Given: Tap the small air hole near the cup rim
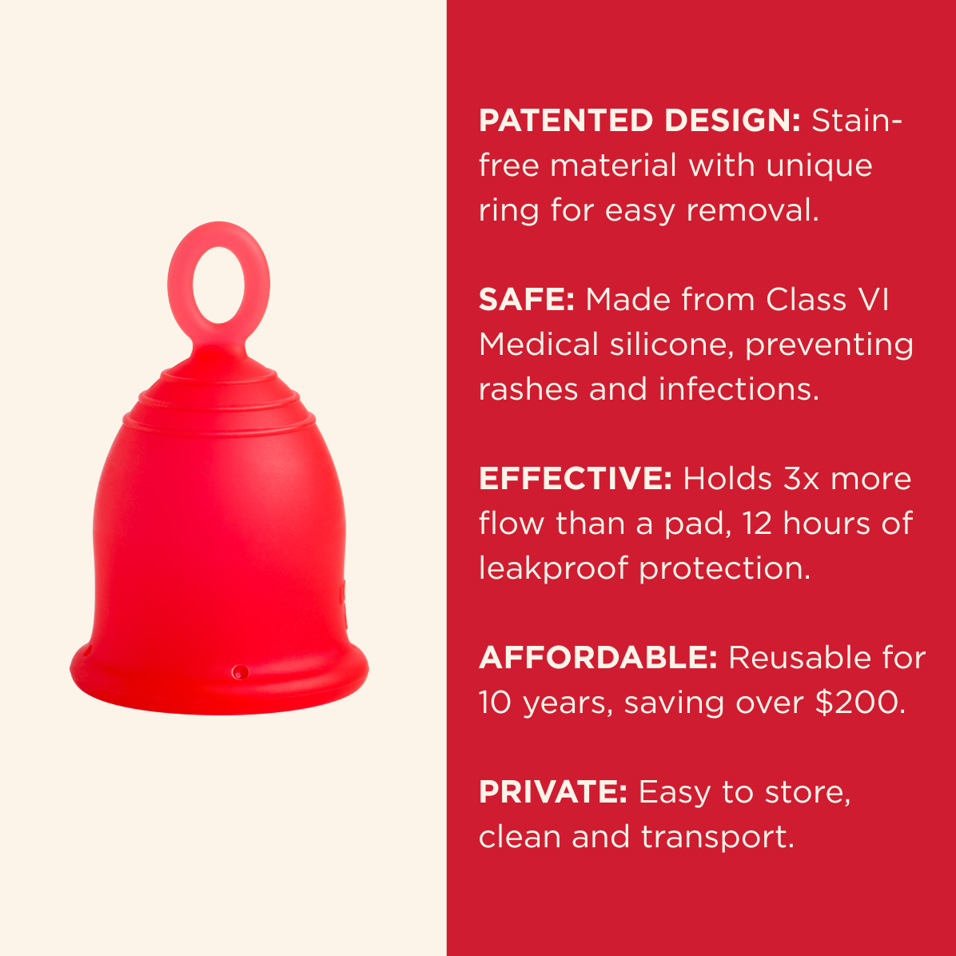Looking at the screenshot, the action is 241,672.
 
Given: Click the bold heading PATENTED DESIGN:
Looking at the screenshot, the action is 639,120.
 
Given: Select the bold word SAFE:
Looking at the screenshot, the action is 526,300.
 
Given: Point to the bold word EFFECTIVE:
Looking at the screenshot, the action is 575,478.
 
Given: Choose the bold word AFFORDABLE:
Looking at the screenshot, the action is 598,657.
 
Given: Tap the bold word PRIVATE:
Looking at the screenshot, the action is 552,791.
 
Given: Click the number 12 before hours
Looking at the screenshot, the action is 756,523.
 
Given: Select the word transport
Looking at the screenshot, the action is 718,837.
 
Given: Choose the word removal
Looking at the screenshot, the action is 752,210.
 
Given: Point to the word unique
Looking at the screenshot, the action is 819,166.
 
